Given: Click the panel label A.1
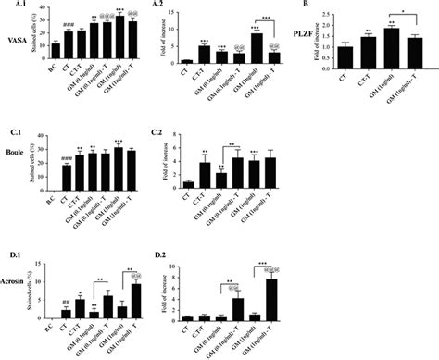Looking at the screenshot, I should point(13,6).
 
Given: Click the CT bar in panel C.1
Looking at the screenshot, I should point(67,177).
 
